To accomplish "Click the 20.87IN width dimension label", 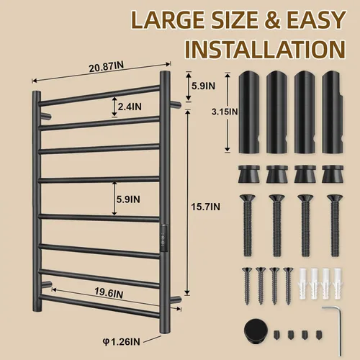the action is pos(107,67).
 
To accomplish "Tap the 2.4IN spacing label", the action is pos(130,107).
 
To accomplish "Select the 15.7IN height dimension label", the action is pos(205,207).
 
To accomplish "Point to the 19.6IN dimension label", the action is pos(109,293).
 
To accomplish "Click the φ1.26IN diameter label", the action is pos(122,341).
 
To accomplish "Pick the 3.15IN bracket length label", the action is pos(225,112).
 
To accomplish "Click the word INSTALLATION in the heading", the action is pos(265,49).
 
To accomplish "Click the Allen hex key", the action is pos(336,330).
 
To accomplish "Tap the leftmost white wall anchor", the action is pos(303,284).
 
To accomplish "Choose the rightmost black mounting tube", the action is pos(333,112).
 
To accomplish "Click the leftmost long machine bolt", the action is pos(248,225).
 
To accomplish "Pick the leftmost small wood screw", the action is pos(247,286).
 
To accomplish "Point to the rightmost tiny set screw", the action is pos(319,334).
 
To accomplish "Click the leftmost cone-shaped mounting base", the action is pos(248,174).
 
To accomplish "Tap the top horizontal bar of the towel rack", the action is pos(99,96).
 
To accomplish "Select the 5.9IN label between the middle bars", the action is pos(128,199).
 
